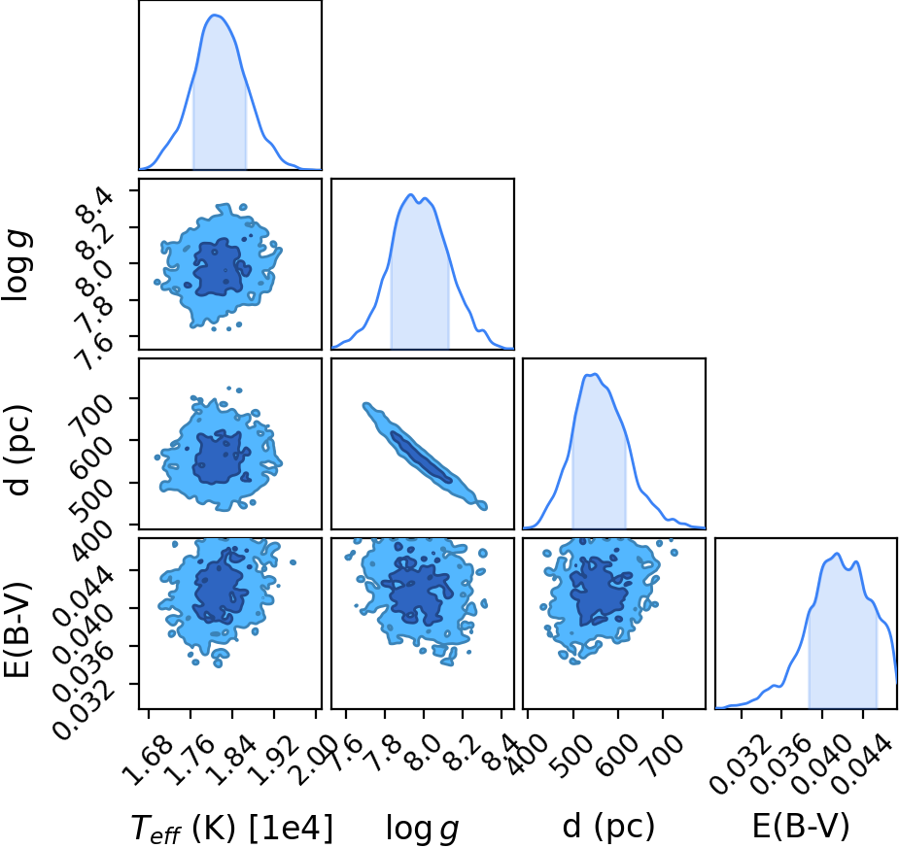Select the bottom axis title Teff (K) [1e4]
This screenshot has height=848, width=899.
pos(232,828)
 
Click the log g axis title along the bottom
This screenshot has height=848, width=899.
pos(423,829)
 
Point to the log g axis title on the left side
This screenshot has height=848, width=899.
pos(17,264)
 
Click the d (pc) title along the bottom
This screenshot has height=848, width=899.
pos(608,827)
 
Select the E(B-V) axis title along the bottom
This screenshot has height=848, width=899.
pos(800,827)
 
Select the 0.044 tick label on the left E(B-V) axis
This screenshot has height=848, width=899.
pos(84,595)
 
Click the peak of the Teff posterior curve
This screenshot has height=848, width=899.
pos(216,15)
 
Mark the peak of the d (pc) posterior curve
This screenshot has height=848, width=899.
pos(595,374)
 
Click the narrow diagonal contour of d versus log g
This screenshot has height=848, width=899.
pos(425,457)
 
